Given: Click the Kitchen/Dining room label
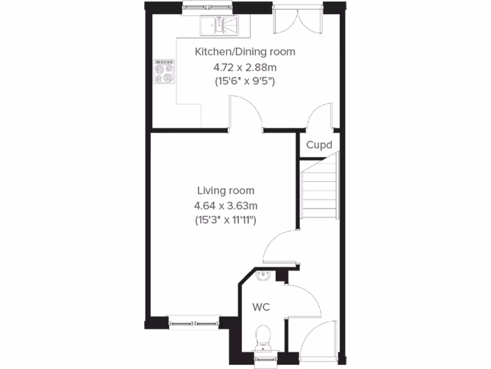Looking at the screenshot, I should point(245,52).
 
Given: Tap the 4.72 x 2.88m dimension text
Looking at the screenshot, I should point(245,66).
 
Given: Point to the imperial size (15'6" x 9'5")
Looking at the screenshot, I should point(245,81).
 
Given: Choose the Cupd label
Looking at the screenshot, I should point(319,145).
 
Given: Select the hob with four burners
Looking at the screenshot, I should point(163,72).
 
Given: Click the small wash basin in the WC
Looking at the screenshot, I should point(263,275).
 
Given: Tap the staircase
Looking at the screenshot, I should point(320,187).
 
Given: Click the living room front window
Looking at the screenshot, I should point(194,322).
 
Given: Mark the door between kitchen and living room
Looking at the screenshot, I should point(245,113).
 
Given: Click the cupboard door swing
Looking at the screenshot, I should point(320,117).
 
